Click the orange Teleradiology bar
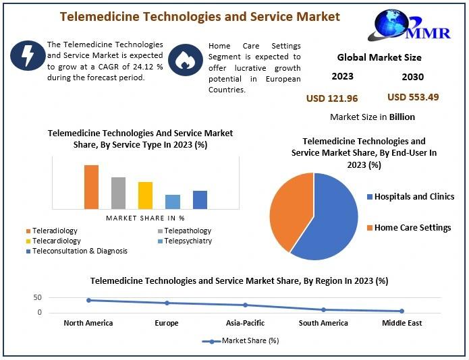tap(91, 187)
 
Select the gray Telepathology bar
tap(119, 193)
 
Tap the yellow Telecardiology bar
tap(145, 196)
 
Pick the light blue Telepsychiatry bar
tap(173, 202)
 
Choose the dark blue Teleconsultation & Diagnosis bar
tap(200, 200)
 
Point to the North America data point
tap(88, 300)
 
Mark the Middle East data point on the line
tap(402, 311)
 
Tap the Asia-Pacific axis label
tap(245, 323)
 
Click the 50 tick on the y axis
tap(38, 297)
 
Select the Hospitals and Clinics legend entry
tap(411, 197)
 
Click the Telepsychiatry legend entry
tap(185, 241)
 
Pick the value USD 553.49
tap(413, 97)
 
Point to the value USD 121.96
tap(332, 98)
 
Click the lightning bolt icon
tap(28, 55)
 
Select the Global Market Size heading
tap(379, 57)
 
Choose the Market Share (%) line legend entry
tap(240, 340)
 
